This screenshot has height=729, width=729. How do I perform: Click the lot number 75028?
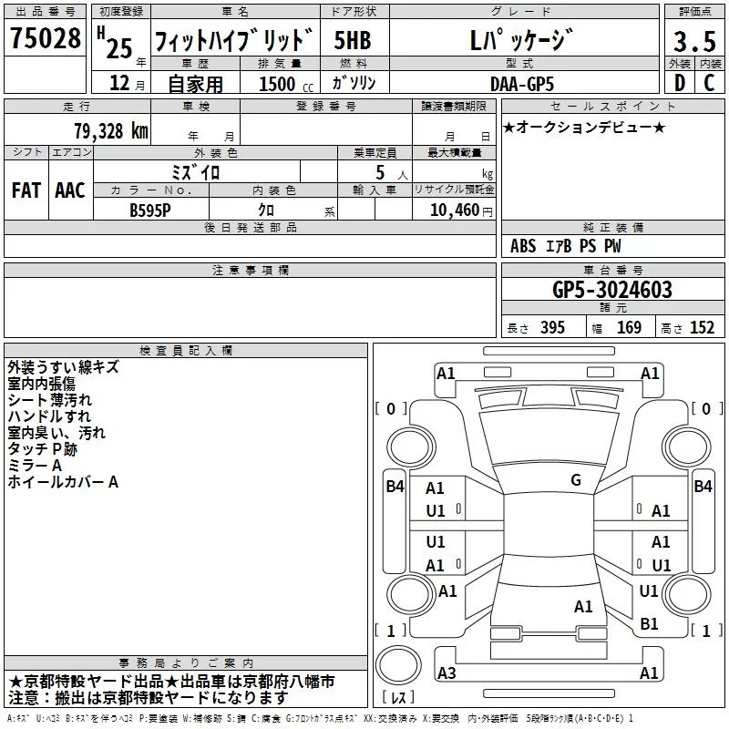click(45, 38)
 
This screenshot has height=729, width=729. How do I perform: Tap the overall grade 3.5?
click(694, 41)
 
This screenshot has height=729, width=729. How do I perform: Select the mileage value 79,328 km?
click(111, 131)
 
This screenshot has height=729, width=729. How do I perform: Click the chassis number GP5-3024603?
click(612, 290)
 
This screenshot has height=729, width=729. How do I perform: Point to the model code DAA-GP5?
click(522, 84)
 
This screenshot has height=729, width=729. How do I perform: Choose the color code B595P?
click(150, 210)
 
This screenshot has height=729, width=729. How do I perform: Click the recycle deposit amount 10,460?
click(454, 210)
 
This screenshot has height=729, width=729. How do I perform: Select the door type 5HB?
click(353, 40)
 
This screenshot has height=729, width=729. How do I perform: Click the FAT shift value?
click(26, 190)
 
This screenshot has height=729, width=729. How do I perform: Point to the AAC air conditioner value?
click(70, 190)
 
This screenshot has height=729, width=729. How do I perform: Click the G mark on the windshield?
click(576, 480)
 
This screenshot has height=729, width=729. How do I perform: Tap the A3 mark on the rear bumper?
click(447, 673)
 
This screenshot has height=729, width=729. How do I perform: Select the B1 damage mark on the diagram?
click(649, 623)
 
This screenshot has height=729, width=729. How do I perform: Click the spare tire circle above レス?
click(398, 665)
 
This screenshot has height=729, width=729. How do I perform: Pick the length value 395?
click(552, 327)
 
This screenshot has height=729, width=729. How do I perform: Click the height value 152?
click(702, 327)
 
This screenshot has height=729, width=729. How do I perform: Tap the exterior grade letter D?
click(680, 83)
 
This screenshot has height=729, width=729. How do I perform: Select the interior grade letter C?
click(709, 83)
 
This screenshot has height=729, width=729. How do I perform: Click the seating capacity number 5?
click(380, 172)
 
